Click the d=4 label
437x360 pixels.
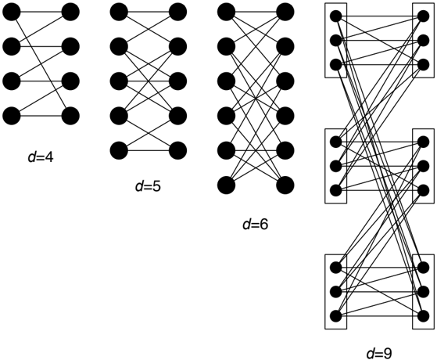[x=41, y=157]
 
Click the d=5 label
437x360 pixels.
[x=148, y=186]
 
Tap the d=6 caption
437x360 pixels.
[x=256, y=224]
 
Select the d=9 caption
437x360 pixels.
[x=379, y=354]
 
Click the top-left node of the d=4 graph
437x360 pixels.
[x=12, y=12]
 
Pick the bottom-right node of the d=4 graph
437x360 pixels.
[x=70, y=116]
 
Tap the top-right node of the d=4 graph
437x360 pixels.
[x=70, y=12]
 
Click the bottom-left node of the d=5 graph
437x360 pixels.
[x=119, y=151]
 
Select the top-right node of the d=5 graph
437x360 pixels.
[x=177, y=12]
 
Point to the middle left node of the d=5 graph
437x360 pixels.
[x=119, y=81]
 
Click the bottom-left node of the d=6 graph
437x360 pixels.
[x=226, y=185]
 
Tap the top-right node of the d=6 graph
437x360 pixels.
[x=285, y=12]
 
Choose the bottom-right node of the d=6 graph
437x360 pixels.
[x=285, y=185]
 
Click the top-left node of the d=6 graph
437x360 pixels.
[x=226, y=12]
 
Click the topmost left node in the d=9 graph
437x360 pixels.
[x=336, y=16]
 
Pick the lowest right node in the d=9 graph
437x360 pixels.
[x=424, y=316]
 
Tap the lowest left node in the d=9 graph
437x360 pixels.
[x=336, y=316]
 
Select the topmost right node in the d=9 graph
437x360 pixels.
[x=424, y=16]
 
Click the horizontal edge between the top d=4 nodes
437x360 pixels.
[x=41, y=12]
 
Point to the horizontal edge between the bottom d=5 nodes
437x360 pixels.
[x=149, y=151]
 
